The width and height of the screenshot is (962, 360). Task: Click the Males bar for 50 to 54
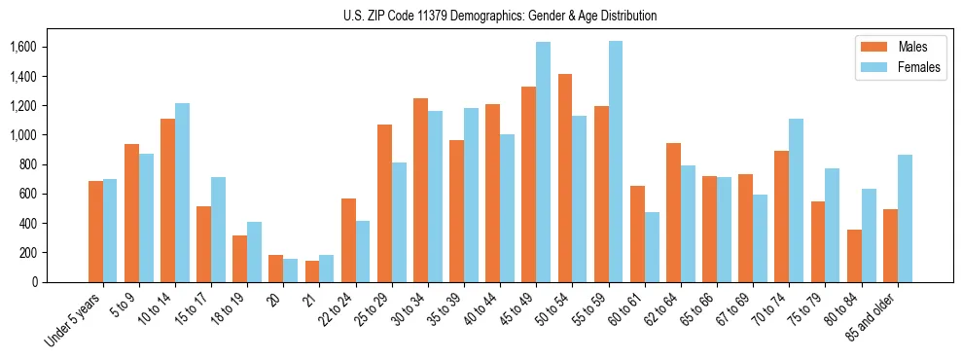(x=565, y=178)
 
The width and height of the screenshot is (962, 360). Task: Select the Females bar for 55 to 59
(x=616, y=162)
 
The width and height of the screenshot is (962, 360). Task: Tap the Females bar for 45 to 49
(x=543, y=162)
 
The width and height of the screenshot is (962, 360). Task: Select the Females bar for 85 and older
(x=905, y=218)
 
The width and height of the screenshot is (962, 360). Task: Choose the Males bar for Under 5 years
(x=95, y=232)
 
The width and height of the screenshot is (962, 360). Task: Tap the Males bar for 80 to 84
(x=854, y=256)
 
